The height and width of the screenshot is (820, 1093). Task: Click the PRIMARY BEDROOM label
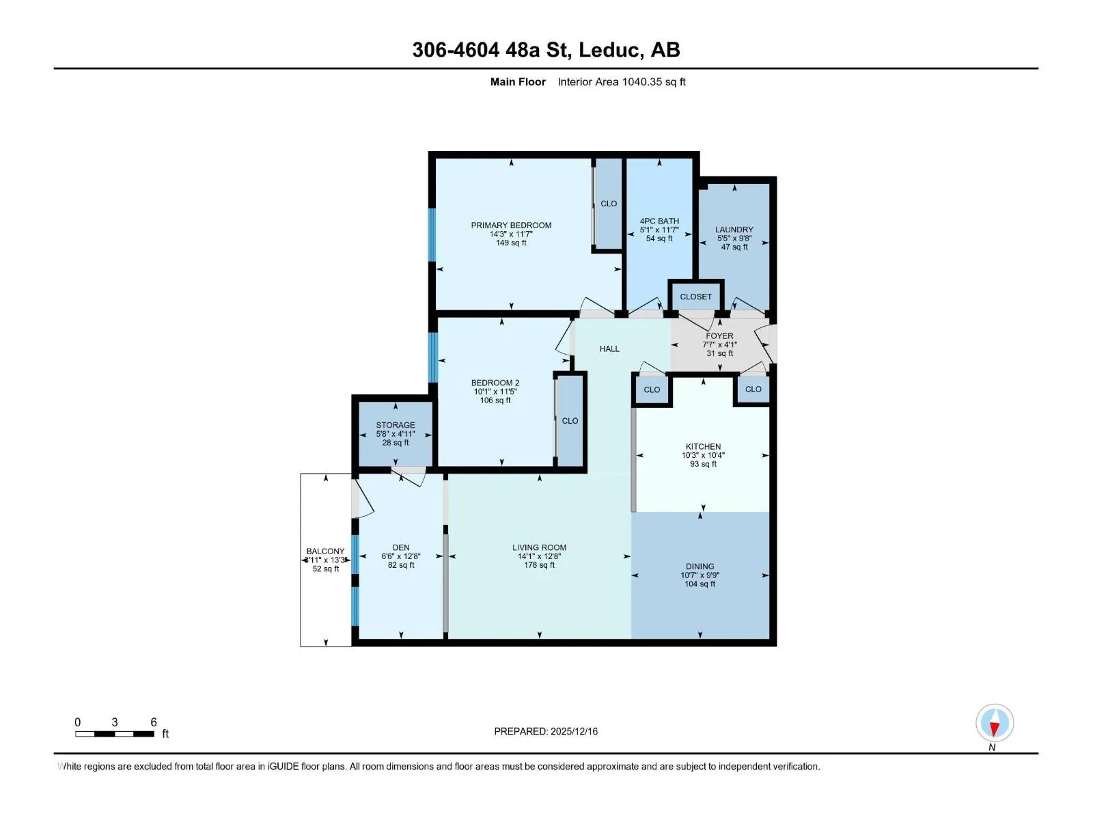click(511, 225)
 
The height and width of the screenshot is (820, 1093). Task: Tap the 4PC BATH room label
click(659, 221)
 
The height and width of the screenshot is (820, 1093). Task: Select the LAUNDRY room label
click(734, 230)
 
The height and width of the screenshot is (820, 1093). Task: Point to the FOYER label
click(719, 336)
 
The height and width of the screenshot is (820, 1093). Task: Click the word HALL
click(609, 349)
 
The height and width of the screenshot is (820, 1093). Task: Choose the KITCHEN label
click(703, 447)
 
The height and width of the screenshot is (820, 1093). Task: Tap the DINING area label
click(700, 566)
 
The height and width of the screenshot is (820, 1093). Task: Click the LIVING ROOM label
click(539, 547)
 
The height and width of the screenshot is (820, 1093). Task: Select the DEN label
click(401, 547)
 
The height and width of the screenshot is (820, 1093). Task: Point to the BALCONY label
click(325, 551)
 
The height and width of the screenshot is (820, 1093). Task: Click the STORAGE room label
click(396, 424)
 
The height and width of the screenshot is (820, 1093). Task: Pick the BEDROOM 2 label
click(495, 383)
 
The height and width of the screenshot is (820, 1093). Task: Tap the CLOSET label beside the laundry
click(695, 297)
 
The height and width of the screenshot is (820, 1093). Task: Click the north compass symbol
click(995, 722)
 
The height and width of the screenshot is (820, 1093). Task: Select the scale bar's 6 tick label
click(154, 722)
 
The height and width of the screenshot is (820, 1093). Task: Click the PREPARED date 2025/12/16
click(574, 731)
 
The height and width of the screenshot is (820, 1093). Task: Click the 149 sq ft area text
click(511, 243)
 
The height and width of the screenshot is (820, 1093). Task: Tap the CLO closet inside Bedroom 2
click(570, 421)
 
